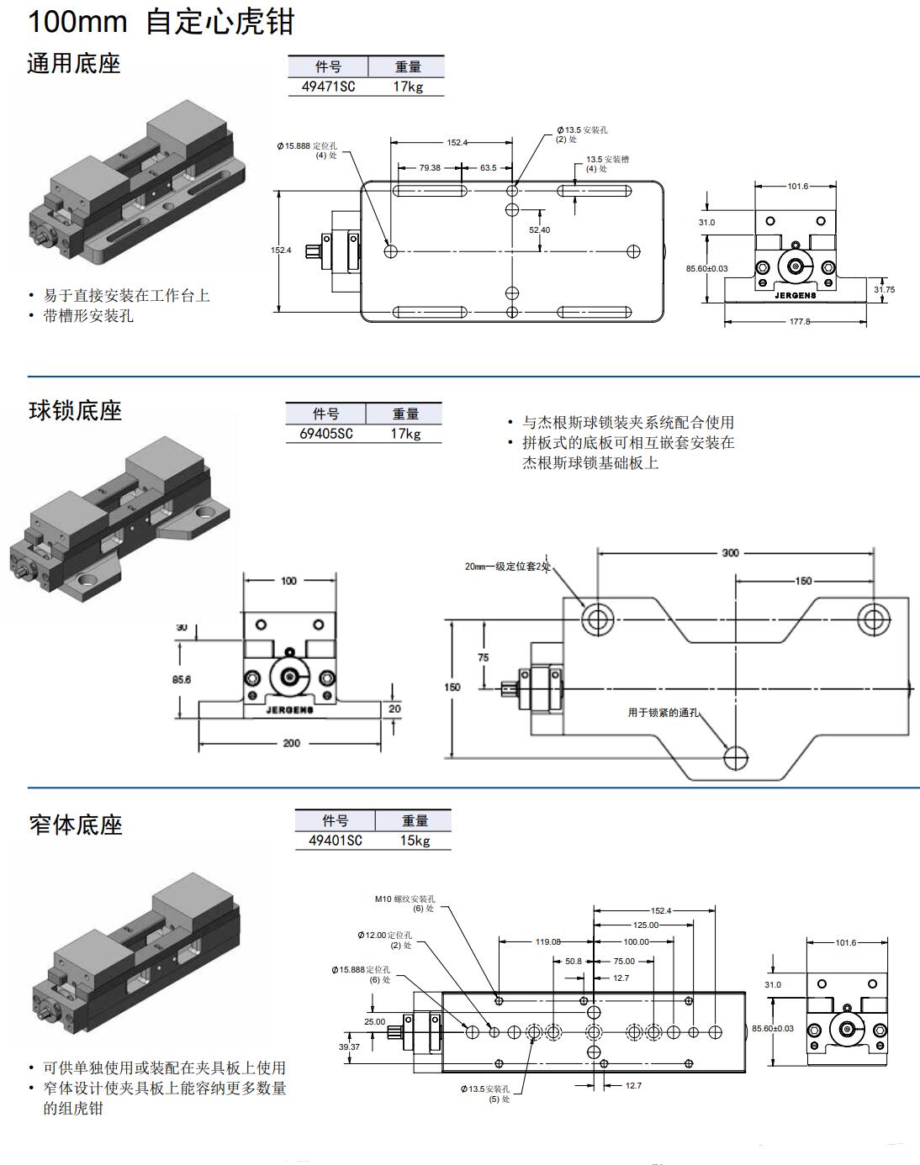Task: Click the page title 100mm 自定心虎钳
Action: [161, 21]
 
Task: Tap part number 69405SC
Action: [320, 434]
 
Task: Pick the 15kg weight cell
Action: [415, 841]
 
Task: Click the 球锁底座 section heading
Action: [75, 410]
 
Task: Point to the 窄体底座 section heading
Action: [75, 825]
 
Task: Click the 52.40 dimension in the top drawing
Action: [539, 229]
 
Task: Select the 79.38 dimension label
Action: [429, 167]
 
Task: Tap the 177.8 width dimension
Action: [799, 321]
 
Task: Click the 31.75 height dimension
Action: [884, 289]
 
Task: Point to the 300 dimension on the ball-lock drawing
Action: [730, 553]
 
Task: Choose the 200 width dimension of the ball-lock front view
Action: [291, 743]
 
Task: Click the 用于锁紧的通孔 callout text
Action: [663, 713]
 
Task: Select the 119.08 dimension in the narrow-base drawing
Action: [547, 941]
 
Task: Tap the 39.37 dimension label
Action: [349, 1046]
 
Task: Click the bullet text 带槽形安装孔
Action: [88, 316]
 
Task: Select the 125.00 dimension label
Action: [646, 925]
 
